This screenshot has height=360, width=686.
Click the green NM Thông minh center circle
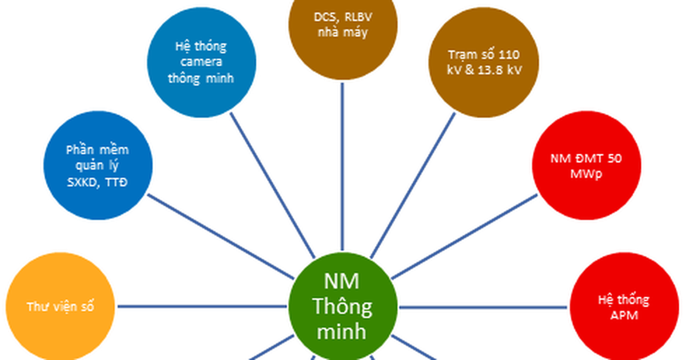(x=342, y=307)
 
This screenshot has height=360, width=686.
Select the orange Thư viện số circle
(x=60, y=307)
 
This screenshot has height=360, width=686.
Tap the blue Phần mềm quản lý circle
(x=97, y=166)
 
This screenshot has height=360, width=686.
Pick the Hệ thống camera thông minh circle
(x=201, y=62)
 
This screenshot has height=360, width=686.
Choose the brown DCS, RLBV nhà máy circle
(x=342, y=29)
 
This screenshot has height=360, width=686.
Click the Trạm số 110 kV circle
(x=484, y=62)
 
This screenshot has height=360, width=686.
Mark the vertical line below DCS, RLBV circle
(x=342, y=166)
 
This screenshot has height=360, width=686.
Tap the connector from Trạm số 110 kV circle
(x=413, y=183)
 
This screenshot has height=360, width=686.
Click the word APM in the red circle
(x=624, y=315)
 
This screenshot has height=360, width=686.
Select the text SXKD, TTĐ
(x=97, y=182)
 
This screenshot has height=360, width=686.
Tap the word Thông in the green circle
(x=342, y=307)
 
